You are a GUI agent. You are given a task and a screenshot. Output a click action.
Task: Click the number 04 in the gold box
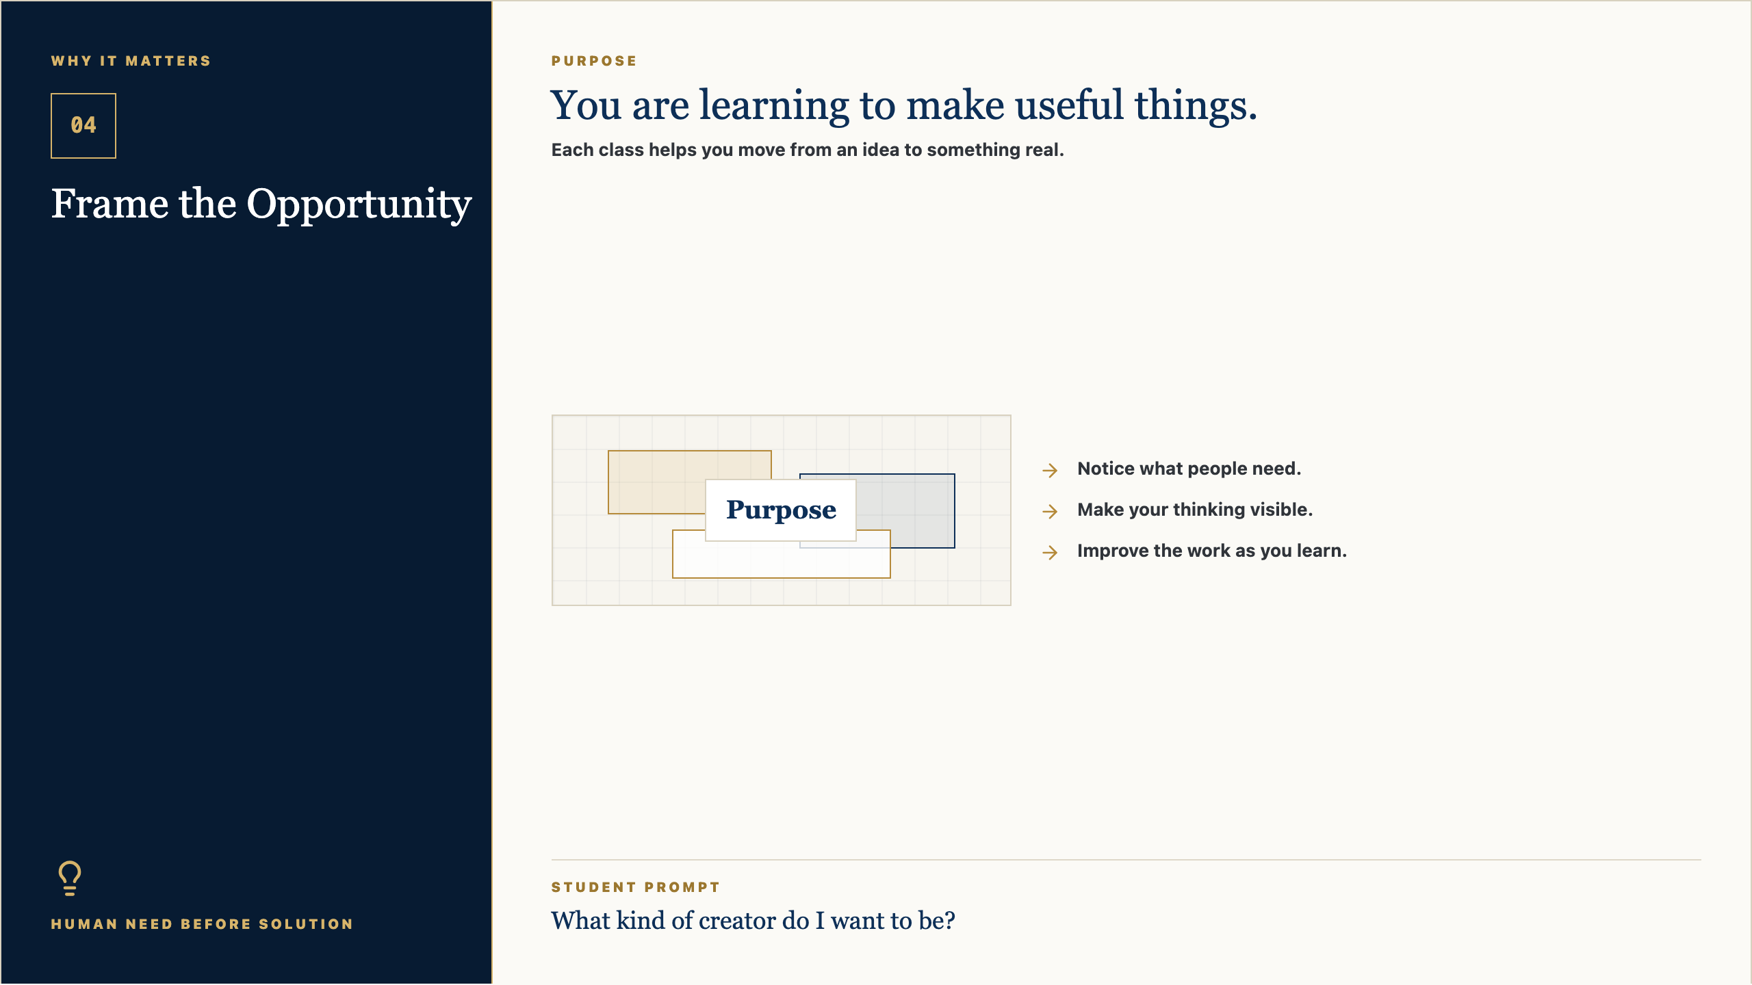tap(83, 125)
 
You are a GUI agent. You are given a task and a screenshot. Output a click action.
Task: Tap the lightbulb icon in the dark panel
tap(70, 878)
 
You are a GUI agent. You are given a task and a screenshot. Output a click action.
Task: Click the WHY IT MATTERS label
tap(131, 61)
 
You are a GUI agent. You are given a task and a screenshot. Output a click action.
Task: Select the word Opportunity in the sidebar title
tap(359, 205)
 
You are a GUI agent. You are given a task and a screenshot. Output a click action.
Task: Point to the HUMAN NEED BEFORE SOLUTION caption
tap(202, 924)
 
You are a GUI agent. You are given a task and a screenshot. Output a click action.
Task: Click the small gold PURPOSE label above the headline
tap(594, 61)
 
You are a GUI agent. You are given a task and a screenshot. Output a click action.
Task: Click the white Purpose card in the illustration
tap(781, 510)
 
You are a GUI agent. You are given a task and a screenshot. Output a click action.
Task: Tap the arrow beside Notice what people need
tap(1050, 470)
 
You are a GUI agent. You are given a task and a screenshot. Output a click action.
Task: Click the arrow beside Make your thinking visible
tap(1050, 511)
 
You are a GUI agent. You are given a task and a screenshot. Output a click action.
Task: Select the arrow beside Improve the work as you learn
tap(1050, 552)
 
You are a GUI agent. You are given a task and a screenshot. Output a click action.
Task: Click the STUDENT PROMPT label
tap(636, 887)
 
